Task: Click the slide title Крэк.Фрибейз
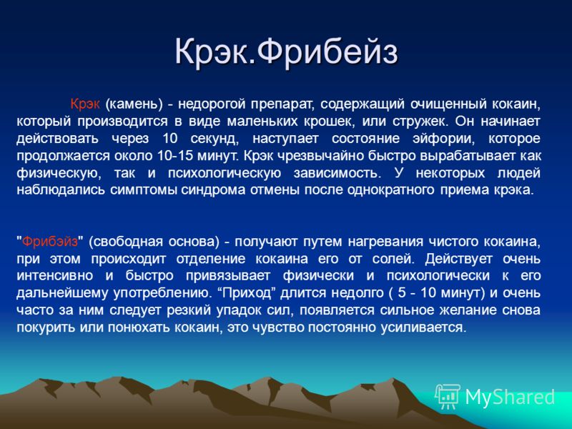(x=286, y=52)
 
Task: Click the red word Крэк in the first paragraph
(x=84, y=104)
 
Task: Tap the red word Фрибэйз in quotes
(x=50, y=242)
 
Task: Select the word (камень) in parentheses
(x=134, y=104)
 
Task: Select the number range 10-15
(x=175, y=156)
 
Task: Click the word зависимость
(x=336, y=173)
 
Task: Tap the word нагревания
(x=385, y=242)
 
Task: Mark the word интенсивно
(x=55, y=276)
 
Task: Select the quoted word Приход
(x=248, y=293)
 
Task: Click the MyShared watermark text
(x=510, y=397)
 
